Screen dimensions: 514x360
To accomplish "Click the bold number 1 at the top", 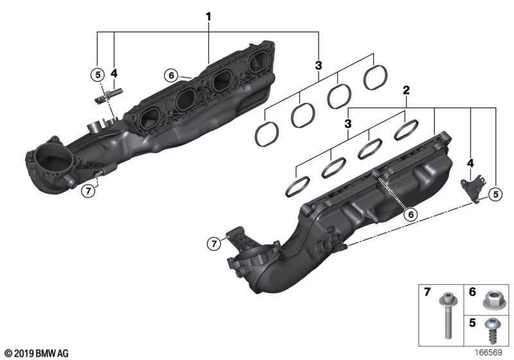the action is pyautogui.click(x=208, y=17).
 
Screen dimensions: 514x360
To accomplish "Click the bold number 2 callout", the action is pyautogui.click(x=406, y=90).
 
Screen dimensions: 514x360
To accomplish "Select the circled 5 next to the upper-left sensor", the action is pyautogui.click(x=98, y=75).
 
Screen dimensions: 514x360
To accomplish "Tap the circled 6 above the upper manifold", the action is pyautogui.click(x=171, y=76).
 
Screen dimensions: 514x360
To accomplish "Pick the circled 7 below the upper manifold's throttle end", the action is pyautogui.click(x=88, y=191).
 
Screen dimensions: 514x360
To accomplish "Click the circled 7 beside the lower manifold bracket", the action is pyautogui.click(x=214, y=244).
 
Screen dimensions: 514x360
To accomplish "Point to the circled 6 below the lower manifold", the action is pyautogui.click(x=411, y=215).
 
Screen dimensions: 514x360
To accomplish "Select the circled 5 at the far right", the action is pyautogui.click(x=495, y=194).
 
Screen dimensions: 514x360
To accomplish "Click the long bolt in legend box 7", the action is pyautogui.click(x=446, y=316).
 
